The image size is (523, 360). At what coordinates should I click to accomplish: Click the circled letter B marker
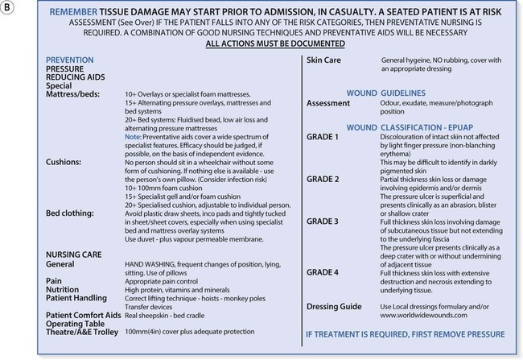[x=9, y=9]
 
